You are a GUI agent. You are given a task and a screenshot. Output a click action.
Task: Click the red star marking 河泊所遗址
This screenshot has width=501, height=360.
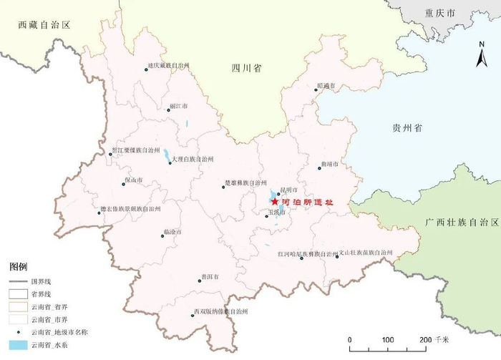tap(276, 203)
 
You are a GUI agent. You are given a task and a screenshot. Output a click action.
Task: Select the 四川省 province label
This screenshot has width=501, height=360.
tap(246, 69)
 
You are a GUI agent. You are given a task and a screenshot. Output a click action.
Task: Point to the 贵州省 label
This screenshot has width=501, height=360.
tap(407, 127)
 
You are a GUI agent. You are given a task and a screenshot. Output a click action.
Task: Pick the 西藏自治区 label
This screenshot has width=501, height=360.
tap(44, 25)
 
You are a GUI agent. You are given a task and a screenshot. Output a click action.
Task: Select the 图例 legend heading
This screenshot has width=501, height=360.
tap(18, 266)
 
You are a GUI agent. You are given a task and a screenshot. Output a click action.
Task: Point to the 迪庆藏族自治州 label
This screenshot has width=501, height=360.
tap(168, 65)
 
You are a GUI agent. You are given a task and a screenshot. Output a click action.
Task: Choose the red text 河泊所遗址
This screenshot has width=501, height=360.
tap(308, 203)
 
